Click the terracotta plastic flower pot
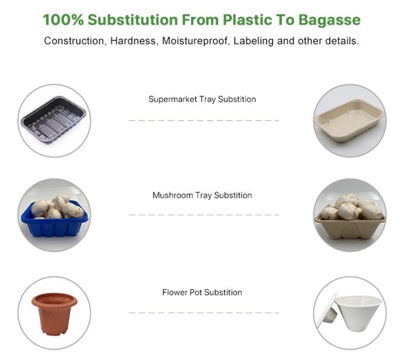click(54, 312)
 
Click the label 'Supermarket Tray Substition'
click(202, 99)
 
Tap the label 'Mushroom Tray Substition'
click(202, 195)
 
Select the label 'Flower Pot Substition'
click(202, 292)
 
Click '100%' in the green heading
click(63, 20)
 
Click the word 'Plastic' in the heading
click(249, 20)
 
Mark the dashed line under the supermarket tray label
click(204, 120)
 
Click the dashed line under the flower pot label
click(204, 312)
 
